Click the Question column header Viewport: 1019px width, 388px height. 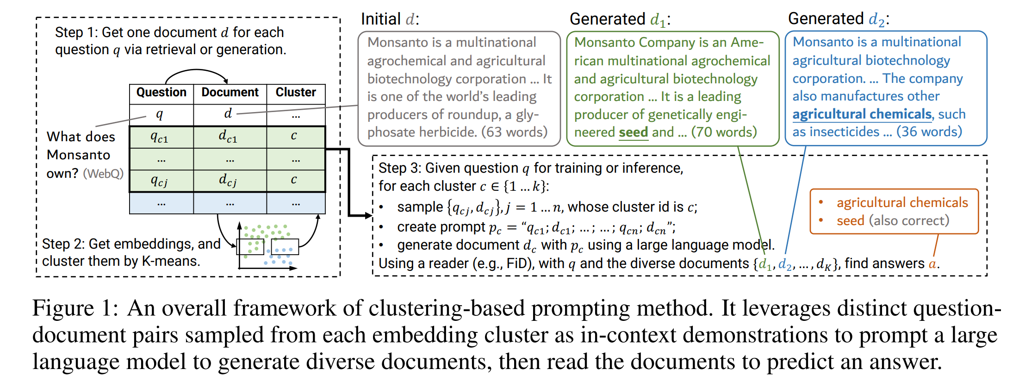pos(161,93)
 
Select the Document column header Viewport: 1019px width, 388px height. pos(230,93)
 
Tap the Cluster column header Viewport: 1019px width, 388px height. pos(296,93)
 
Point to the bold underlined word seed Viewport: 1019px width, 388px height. pos(634,132)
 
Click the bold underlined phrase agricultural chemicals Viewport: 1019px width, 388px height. pos(862,114)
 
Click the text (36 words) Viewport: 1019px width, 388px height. pos(929,132)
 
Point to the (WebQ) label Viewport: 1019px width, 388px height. pos(103,174)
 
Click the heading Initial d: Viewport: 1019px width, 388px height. pos(390,19)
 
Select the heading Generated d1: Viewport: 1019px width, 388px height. pos(620,19)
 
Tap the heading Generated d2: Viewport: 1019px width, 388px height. pos(838,19)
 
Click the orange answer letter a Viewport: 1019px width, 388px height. pos(932,264)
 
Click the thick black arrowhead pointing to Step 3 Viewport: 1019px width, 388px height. pos(368,215)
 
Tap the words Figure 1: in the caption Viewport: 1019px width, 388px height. pos(75,309)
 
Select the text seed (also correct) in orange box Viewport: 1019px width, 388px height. pos(893,220)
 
